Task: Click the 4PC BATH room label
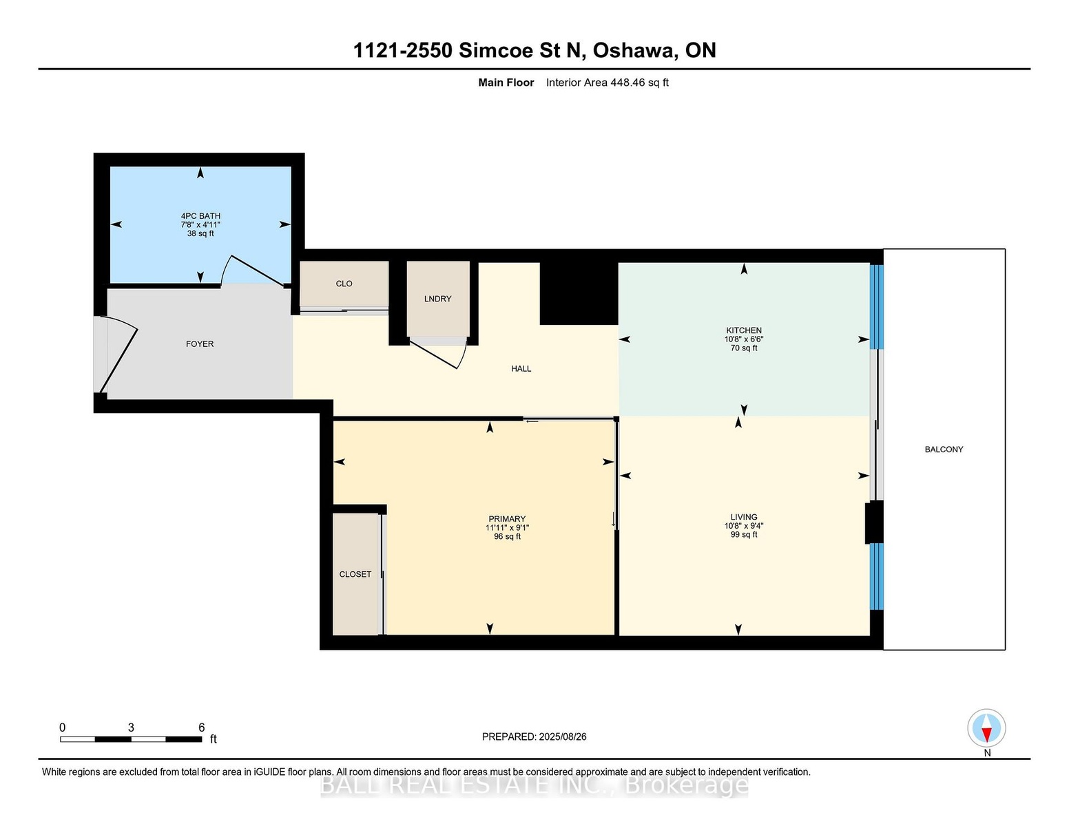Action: (200, 215)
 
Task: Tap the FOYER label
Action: (200, 344)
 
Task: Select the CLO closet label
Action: (344, 284)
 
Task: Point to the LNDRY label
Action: (437, 299)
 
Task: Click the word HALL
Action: (521, 368)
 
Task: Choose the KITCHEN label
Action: (744, 330)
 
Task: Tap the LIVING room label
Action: (744, 516)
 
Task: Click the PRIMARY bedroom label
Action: (507, 519)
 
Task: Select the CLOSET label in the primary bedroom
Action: (355, 574)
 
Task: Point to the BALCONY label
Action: (944, 449)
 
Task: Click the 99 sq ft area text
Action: (744, 535)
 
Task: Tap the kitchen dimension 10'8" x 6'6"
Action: (744, 339)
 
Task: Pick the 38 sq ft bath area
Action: (200, 233)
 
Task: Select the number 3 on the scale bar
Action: (131, 728)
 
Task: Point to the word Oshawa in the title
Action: (633, 50)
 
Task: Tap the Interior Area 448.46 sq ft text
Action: (607, 83)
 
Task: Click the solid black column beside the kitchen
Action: (579, 294)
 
